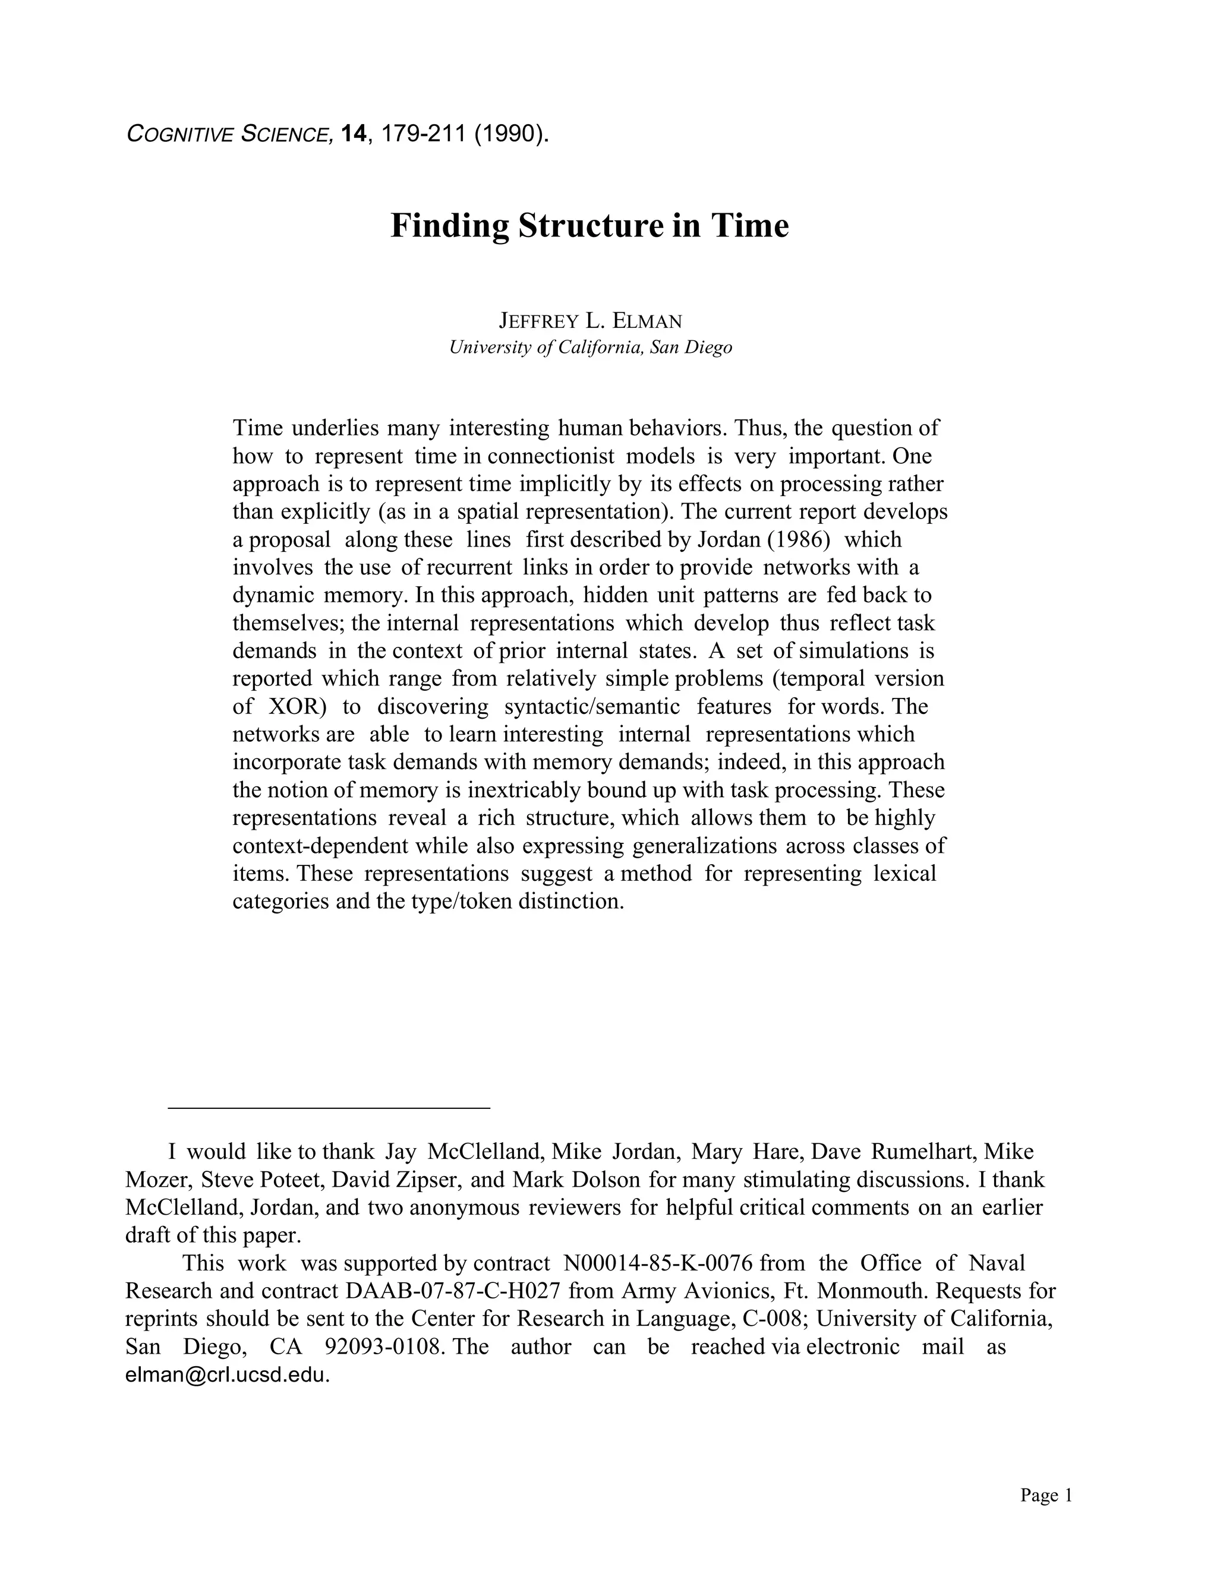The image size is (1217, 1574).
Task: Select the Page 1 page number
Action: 1046,1496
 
